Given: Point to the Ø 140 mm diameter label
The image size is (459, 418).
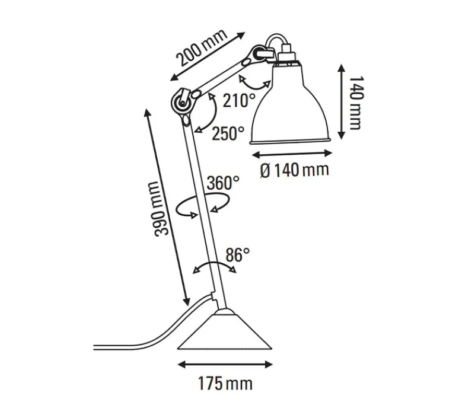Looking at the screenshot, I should (x=294, y=170).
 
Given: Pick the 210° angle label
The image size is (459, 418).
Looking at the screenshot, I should (x=239, y=101).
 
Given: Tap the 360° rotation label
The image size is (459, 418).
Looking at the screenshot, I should (x=223, y=182).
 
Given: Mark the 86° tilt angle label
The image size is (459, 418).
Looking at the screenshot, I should (x=238, y=255).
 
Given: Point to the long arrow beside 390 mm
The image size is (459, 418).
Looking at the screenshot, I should (x=166, y=205).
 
